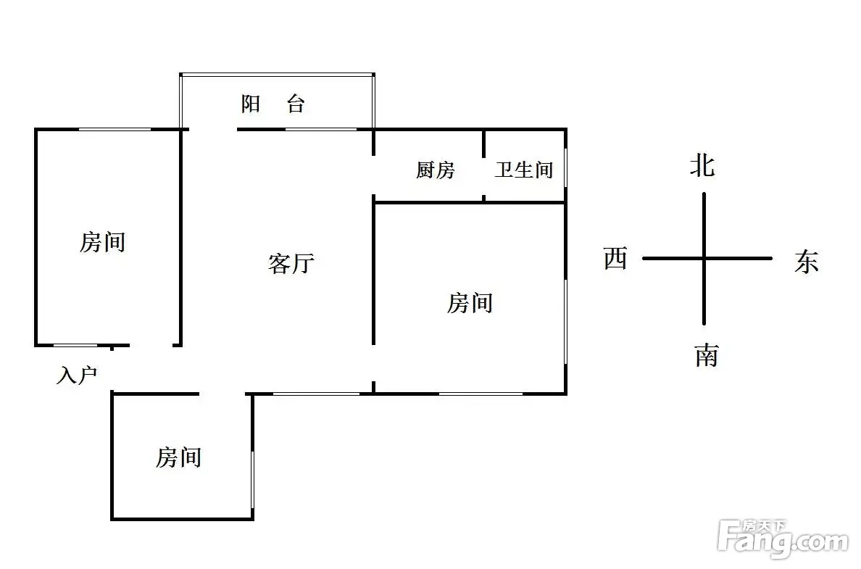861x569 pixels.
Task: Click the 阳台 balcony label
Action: pyautogui.click(x=273, y=104)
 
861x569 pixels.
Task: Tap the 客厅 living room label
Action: pyautogui.click(x=291, y=263)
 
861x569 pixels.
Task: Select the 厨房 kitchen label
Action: pyautogui.click(x=435, y=170)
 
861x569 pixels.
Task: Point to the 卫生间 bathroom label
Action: pyautogui.click(x=523, y=170)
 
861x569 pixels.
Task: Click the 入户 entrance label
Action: pyautogui.click(x=76, y=375)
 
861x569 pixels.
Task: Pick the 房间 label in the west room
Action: pyautogui.click(x=102, y=241)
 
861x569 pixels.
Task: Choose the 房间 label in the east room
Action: pyautogui.click(x=470, y=302)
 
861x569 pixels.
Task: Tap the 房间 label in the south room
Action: pyautogui.click(x=178, y=457)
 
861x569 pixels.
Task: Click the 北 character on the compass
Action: pyautogui.click(x=702, y=166)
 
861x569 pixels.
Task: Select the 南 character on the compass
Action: pyautogui.click(x=706, y=355)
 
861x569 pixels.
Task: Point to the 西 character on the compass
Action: pyautogui.click(x=615, y=258)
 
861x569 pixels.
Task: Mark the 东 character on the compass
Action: pyautogui.click(x=806, y=261)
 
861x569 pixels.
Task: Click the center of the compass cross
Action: pyautogui.click(x=704, y=258)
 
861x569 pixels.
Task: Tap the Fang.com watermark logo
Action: pyautogui.click(x=782, y=538)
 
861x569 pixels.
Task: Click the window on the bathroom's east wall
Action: pyautogui.click(x=565, y=169)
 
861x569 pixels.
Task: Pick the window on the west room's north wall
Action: pyautogui.click(x=115, y=129)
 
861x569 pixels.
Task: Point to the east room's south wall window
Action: pyautogui.click(x=481, y=394)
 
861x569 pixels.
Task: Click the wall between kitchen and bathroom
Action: pyautogui.click(x=483, y=165)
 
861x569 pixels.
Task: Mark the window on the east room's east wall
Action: pyautogui.click(x=565, y=319)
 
